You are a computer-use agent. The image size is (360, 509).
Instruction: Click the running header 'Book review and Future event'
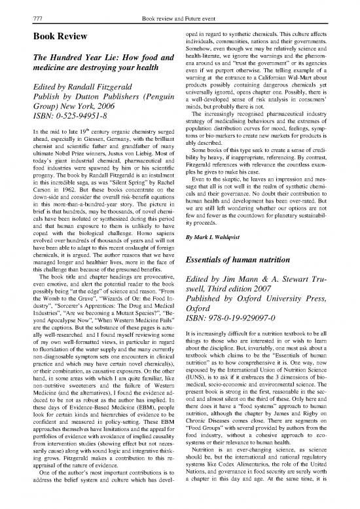[x=179, y=6]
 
